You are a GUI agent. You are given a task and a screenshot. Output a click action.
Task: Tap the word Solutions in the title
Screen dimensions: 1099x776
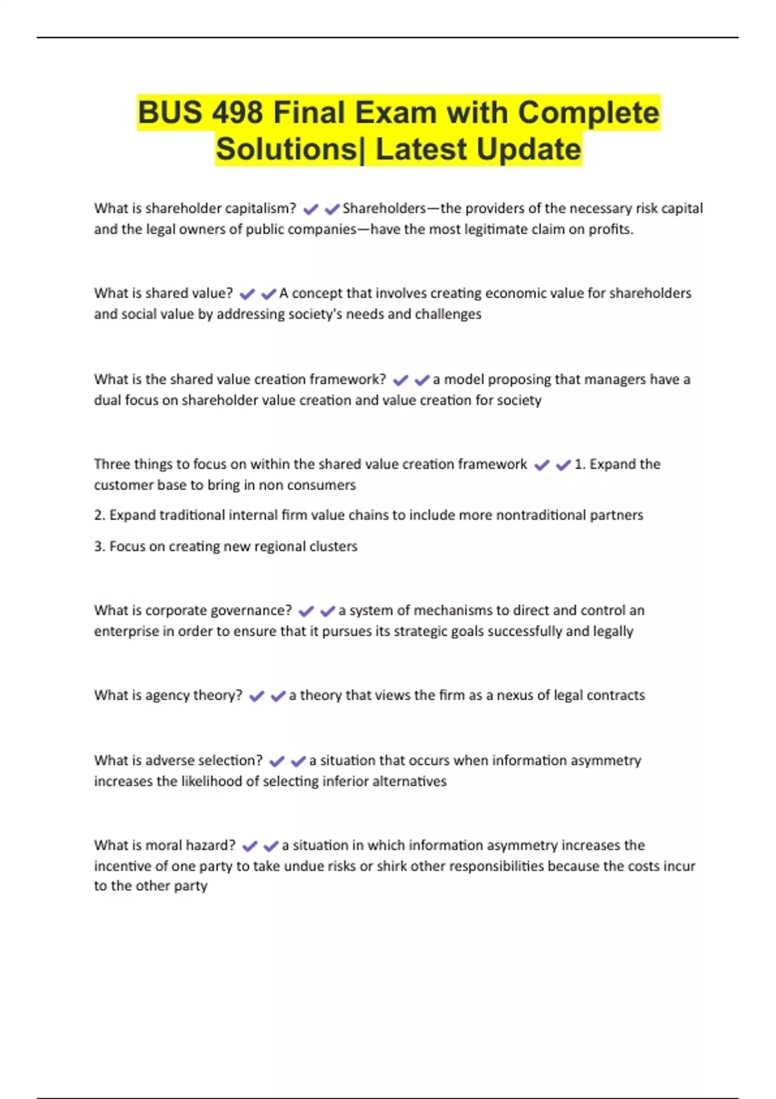(x=286, y=149)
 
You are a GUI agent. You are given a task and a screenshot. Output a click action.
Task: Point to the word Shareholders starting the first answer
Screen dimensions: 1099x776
(x=384, y=208)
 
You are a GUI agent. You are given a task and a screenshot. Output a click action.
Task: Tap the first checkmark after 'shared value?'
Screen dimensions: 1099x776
(x=247, y=294)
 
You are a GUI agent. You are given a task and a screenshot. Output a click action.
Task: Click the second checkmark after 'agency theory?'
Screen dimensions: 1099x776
(x=278, y=696)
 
